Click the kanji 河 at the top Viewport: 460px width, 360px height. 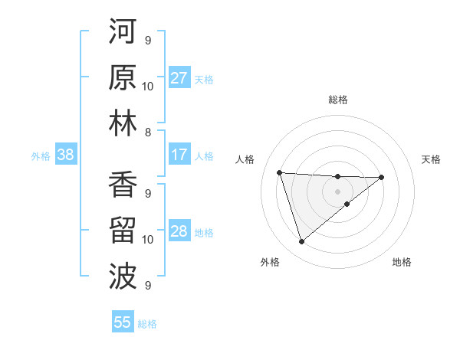pyautogui.click(x=123, y=33)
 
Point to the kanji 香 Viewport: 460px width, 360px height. pyautogui.click(x=123, y=186)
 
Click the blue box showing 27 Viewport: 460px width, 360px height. pyautogui.click(x=179, y=78)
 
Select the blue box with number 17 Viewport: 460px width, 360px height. pyautogui.click(x=179, y=155)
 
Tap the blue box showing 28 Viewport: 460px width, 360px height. pyautogui.click(x=179, y=231)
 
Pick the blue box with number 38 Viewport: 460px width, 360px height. pyautogui.click(x=65, y=155)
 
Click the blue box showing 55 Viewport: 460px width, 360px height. pyautogui.click(x=123, y=322)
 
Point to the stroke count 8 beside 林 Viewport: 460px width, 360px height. pyautogui.click(x=148, y=133)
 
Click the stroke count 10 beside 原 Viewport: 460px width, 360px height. pyautogui.click(x=148, y=86)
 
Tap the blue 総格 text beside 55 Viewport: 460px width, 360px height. pyautogui.click(x=147, y=324)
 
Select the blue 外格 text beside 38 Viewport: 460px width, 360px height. pyautogui.click(x=41, y=156)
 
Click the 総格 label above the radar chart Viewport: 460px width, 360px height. pyautogui.click(x=337, y=100)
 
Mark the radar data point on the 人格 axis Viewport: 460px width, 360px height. pyautogui.click(x=280, y=172)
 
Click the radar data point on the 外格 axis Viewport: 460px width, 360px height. pyautogui.click(x=301, y=242)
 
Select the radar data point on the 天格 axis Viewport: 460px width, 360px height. pyautogui.click(x=382, y=177)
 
